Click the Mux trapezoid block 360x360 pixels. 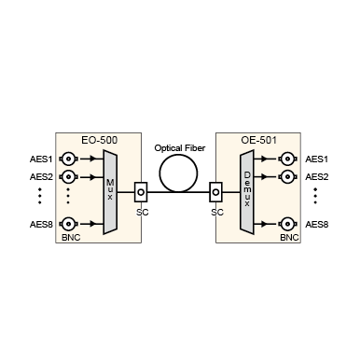click(110, 191)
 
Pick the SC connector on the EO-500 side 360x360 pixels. click(140, 192)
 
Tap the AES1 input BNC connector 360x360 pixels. click(67, 159)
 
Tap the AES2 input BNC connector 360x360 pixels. click(67, 176)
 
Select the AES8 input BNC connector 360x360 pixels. click(67, 224)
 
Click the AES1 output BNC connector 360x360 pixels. click(291, 159)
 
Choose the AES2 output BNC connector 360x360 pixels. click(291, 176)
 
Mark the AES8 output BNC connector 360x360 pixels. click(291, 224)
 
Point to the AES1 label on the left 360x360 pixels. click(42, 159)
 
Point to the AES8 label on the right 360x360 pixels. click(317, 224)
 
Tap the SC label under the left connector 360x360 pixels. click(142, 212)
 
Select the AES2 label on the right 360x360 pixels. click(317, 176)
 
